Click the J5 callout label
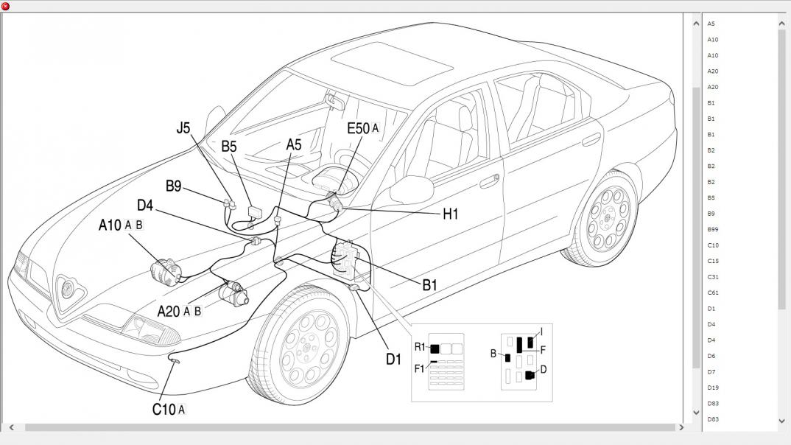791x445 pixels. (183, 128)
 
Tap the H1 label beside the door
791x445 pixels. (450, 214)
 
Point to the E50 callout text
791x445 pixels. (358, 129)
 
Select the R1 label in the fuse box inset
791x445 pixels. (420, 347)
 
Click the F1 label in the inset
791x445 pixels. (419, 368)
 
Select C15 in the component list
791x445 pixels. (712, 261)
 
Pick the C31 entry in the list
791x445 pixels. (712, 277)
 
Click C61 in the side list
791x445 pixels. (712, 292)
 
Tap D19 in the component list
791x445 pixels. (712, 388)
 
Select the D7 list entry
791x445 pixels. (711, 372)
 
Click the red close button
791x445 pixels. (6, 6)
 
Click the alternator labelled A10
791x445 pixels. (166, 270)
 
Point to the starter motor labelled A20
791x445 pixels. (234, 293)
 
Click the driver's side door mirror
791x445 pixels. (411, 189)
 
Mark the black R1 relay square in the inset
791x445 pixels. (435, 348)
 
